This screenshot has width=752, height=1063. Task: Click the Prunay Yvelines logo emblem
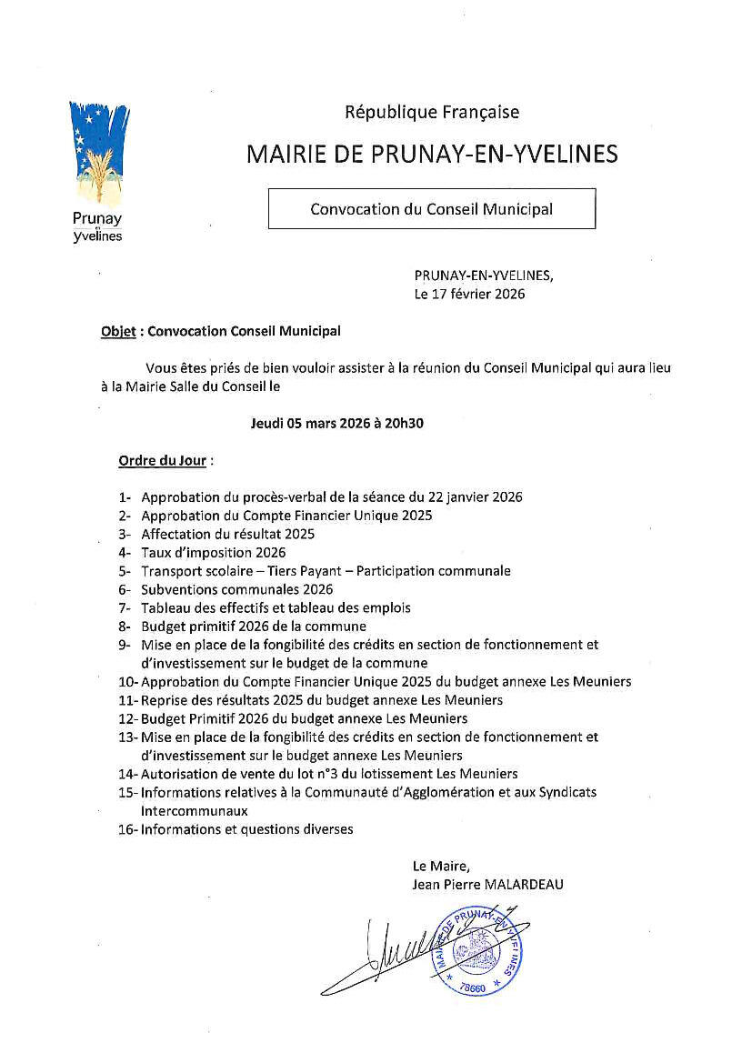tap(99, 151)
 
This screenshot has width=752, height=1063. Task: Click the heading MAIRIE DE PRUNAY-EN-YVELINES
tap(432, 154)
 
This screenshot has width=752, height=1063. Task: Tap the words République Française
tap(432, 112)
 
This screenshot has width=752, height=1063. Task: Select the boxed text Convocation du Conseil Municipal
tap(431, 208)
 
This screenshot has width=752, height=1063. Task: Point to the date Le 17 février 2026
tap(469, 294)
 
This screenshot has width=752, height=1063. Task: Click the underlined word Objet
tap(118, 331)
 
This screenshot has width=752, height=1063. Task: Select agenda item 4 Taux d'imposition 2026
tap(213, 552)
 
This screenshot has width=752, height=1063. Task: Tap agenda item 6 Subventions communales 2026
tap(236, 589)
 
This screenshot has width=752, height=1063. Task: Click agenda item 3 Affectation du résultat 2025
tap(227, 534)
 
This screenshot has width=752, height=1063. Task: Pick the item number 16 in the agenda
tap(126, 829)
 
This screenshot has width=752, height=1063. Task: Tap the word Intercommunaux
tap(194, 810)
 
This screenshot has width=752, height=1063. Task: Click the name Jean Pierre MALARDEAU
tap(488, 884)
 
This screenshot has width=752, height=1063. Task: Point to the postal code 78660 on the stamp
tap(473, 987)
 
